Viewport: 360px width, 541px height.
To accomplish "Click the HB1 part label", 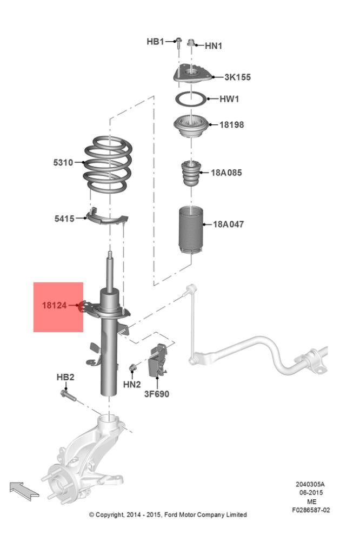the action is pyautogui.click(x=155, y=42).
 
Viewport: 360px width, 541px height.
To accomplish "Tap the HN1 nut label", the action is pyautogui.click(x=214, y=45).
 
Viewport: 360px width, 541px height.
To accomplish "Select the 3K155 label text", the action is pyautogui.click(x=238, y=77).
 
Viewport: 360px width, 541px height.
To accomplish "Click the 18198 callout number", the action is pyautogui.click(x=232, y=124).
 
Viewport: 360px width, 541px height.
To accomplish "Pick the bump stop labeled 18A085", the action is pyautogui.click(x=191, y=173).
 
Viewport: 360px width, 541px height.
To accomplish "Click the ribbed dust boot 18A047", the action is pyautogui.click(x=191, y=229).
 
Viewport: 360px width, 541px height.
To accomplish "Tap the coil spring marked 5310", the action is pyautogui.click(x=108, y=164).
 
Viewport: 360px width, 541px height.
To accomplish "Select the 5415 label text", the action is pyautogui.click(x=64, y=219).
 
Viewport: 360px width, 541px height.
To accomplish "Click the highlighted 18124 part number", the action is pyautogui.click(x=54, y=305).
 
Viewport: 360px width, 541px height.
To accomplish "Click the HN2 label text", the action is pyautogui.click(x=132, y=384).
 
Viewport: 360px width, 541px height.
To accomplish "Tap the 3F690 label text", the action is pyautogui.click(x=157, y=394).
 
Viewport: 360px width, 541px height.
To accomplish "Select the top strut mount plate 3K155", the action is pyautogui.click(x=192, y=74).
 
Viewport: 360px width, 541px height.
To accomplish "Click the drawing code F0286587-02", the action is pyautogui.click(x=311, y=510).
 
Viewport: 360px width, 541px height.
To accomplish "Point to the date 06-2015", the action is pyautogui.click(x=311, y=493).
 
